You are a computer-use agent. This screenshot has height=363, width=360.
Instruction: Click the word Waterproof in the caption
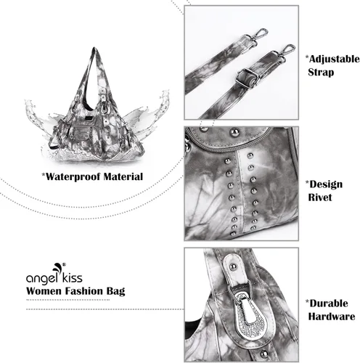click(73, 177)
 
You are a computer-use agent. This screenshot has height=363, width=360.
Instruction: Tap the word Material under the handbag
click(123, 176)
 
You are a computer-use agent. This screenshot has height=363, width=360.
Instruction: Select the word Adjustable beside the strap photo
click(335, 60)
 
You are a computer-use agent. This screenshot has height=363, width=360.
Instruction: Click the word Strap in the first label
click(321, 73)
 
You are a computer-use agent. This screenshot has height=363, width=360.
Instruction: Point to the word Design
click(326, 185)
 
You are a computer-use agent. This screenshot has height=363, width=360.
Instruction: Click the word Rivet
click(320, 197)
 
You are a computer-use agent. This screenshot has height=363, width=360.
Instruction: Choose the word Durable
click(329, 303)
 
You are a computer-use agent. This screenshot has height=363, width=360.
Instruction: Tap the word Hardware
click(332, 317)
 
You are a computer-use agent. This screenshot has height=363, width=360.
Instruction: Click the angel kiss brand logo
click(54, 274)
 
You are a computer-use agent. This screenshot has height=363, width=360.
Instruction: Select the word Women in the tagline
click(44, 291)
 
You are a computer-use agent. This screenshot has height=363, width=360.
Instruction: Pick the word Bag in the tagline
click(115, 291)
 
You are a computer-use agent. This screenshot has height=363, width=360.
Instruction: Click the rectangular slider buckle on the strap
click(247, 78)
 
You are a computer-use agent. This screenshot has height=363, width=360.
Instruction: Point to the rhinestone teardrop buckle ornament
click(252, 313)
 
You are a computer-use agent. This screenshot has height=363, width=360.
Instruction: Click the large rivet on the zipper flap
click(234, 132)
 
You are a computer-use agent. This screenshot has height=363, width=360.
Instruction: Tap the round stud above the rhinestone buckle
click(234, 266)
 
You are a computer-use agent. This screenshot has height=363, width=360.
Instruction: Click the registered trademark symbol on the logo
click(64, 264)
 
